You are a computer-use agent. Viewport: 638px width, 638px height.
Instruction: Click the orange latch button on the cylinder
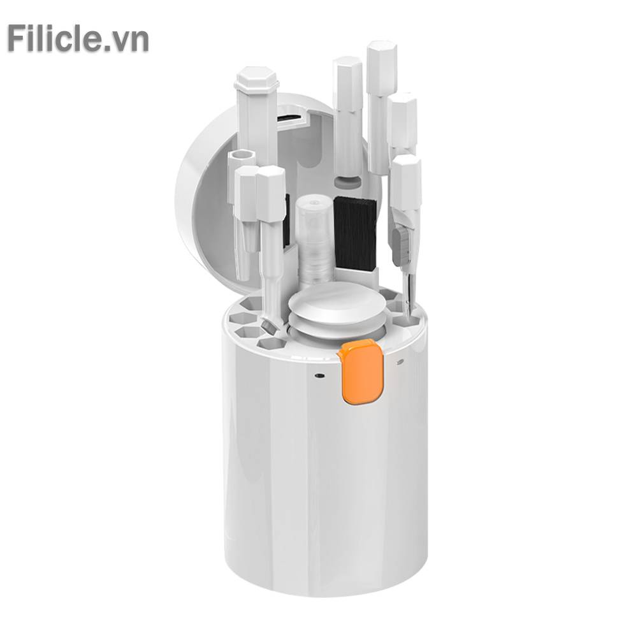(361, 371)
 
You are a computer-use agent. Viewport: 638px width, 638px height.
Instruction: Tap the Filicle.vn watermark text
(78, 39)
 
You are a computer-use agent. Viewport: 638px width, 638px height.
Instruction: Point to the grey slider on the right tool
(401, 246)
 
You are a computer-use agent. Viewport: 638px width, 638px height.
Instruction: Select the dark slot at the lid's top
(292, 119)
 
